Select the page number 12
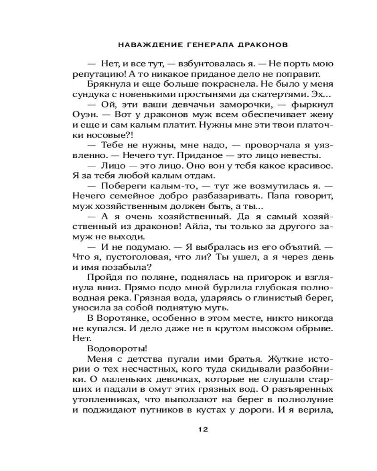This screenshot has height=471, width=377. (x=203, y=429)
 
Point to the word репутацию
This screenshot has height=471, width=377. (x=98, y=74)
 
